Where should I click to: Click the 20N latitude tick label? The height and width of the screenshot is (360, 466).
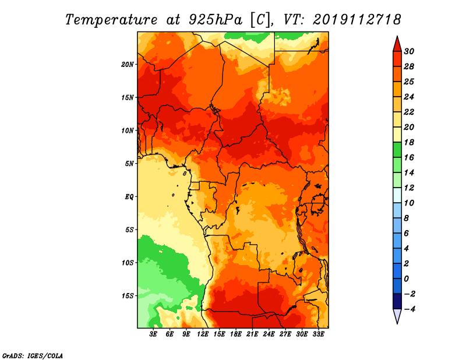coord(127,65)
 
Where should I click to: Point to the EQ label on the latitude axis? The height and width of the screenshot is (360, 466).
coord(129,197)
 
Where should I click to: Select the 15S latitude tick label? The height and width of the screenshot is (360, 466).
coord(127,296)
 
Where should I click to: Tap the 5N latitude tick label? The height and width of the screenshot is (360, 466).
coord(129,164)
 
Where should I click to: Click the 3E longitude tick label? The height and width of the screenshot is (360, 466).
coord(153,334)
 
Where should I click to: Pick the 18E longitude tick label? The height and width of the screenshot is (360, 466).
coord(236,334)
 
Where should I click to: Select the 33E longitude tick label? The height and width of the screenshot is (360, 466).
coord(318,334)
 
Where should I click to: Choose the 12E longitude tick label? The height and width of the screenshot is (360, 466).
coord(203,334)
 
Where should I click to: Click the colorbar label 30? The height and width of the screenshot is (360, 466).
coord(409,51)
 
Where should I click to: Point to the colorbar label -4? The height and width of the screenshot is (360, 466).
coord(410,309)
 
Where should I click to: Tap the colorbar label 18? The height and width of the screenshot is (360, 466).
coord(409,142)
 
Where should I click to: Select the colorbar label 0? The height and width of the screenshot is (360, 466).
coord(407,279)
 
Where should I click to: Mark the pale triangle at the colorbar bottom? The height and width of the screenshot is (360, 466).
coord(397,315)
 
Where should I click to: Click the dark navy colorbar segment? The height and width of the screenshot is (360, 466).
coord(397,301)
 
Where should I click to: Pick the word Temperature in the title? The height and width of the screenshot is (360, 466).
coord(111,20)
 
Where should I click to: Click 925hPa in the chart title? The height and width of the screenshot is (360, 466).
coord(216,20)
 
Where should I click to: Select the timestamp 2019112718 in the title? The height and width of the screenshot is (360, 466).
coord(357,20)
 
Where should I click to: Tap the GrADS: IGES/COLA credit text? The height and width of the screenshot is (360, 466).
coord(33,356)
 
